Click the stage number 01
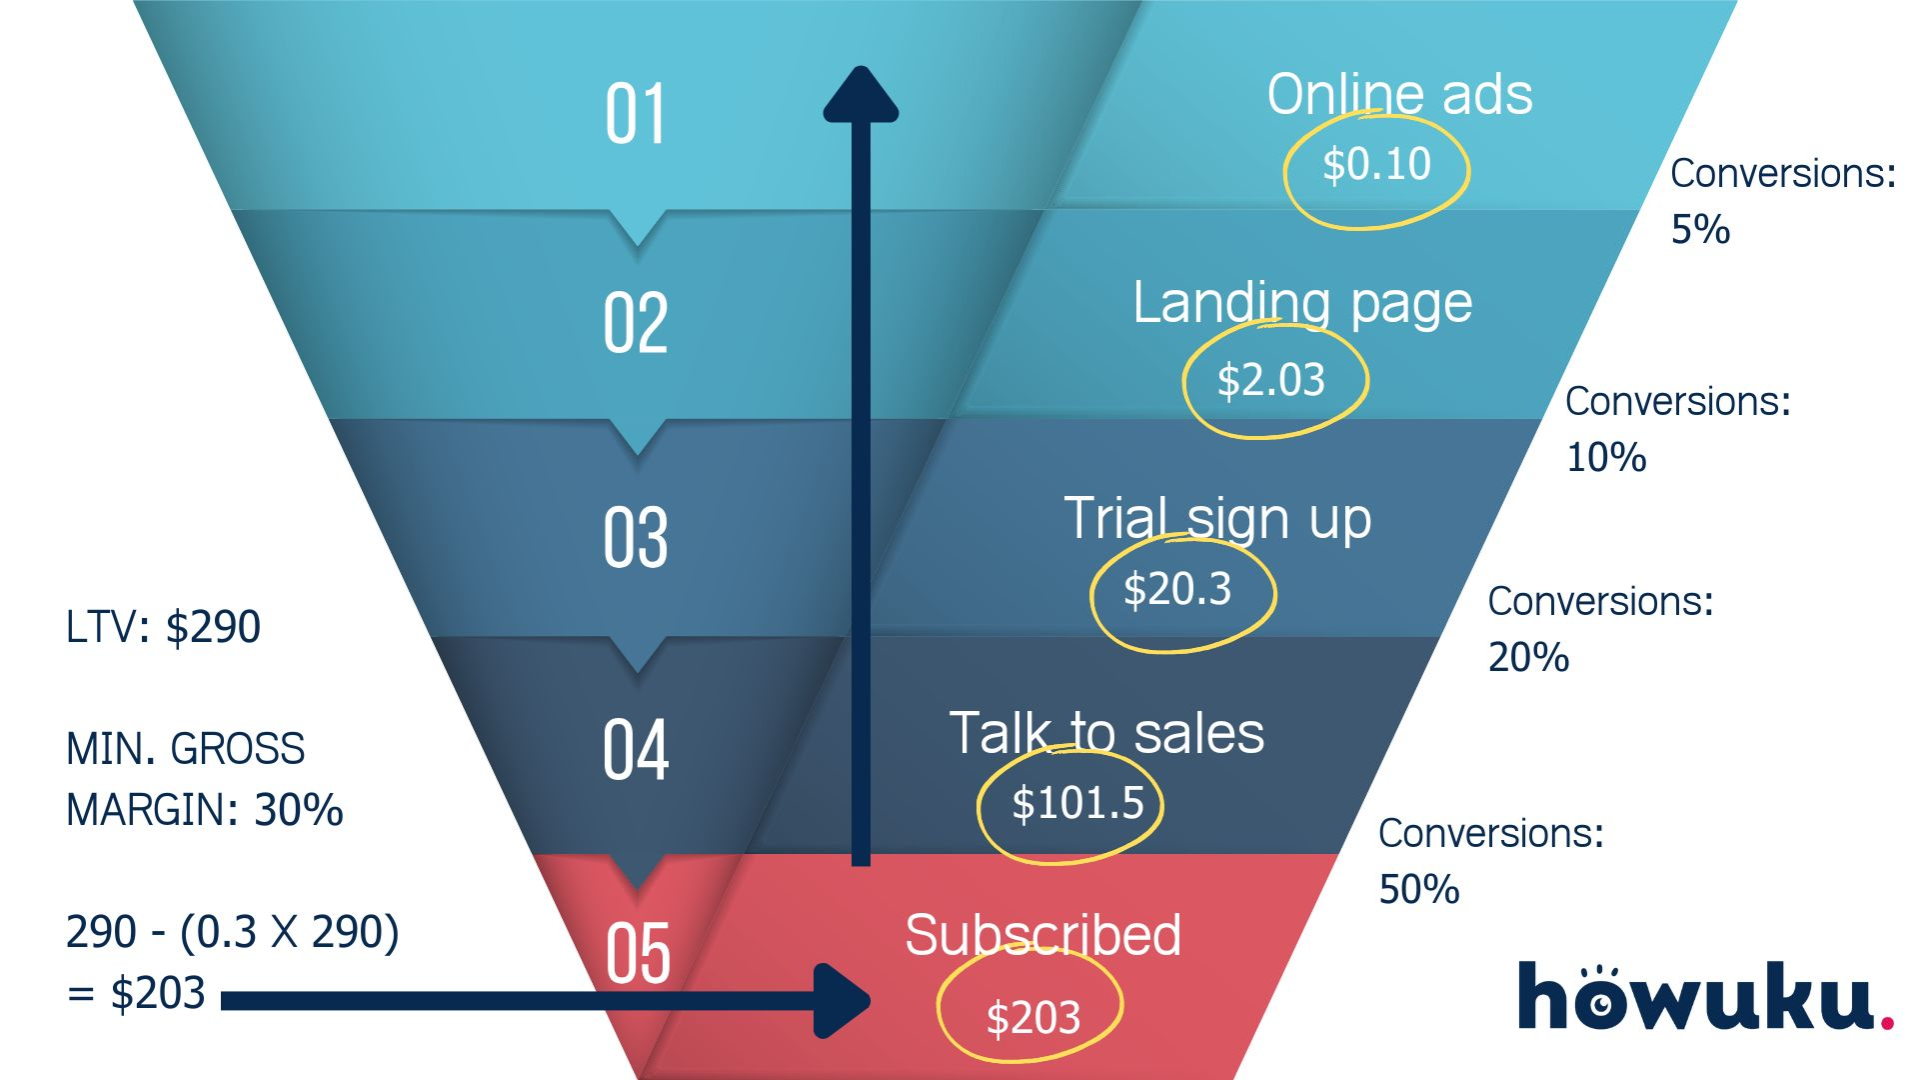[x=636, y=115]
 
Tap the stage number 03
[x=636, y=538]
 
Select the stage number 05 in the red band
[x=638, y=953]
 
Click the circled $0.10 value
[x=1376, y=165]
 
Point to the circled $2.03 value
[x=1270, y=381]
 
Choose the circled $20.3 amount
[x=1177, y=590]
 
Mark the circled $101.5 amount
[x=1076, y=803]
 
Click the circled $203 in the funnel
[x=1032, y=1018]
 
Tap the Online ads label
[x=1399, y=95]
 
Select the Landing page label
[x=1302, y=303]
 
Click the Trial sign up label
[x=1216, y=519]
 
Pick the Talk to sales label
[x=1106, y=733]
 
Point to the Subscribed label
[x=1042, y=935]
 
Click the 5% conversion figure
[x=1700, y=230]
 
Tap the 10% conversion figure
[x=1605, y=458]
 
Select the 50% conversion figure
[x=1418, y=889]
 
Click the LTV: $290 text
[x=163, y=628]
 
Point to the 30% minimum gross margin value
[x=298, y=810]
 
